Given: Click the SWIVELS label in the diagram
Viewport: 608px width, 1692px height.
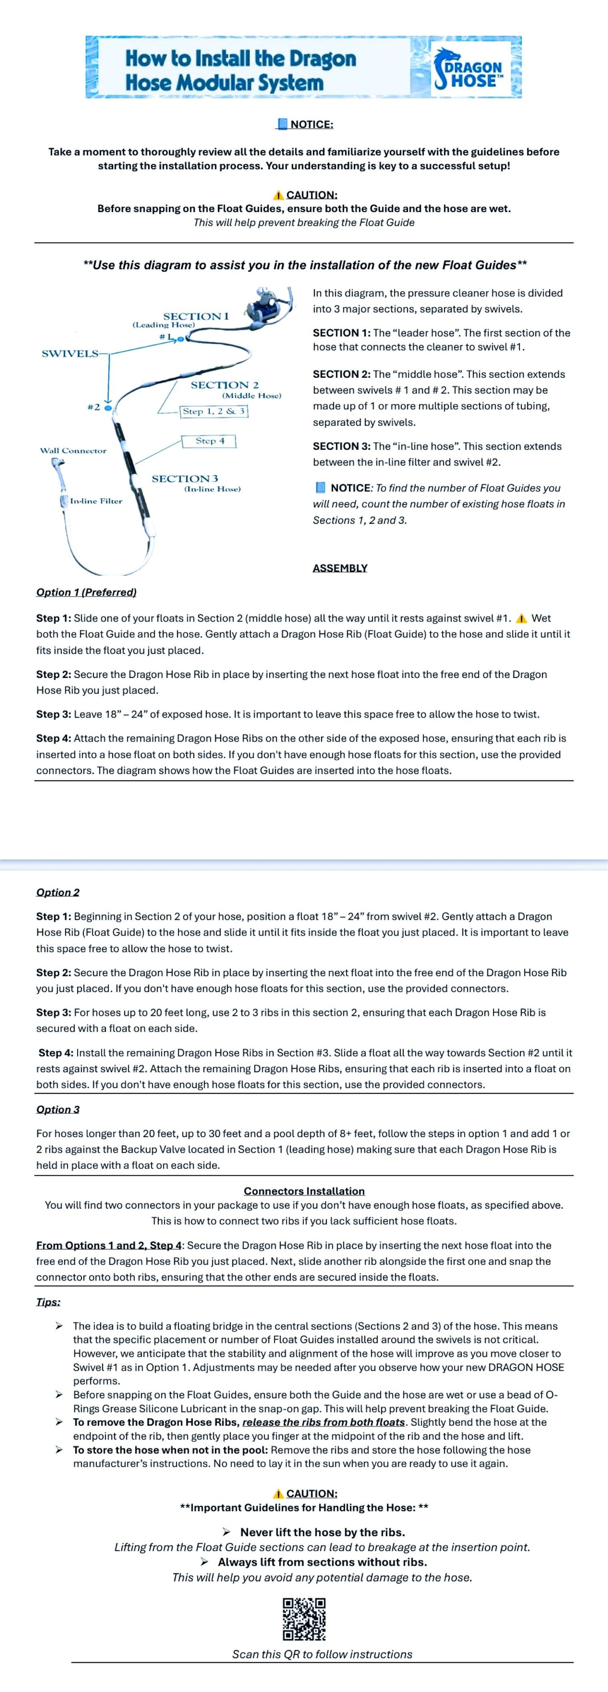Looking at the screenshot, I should (x=70, y=354).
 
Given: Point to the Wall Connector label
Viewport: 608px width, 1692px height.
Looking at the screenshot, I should (x=73, y=451).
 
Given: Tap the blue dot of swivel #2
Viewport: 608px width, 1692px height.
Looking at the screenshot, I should (x=108, y=408).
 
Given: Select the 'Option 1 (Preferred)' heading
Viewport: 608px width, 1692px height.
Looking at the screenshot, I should (x=86, y=592).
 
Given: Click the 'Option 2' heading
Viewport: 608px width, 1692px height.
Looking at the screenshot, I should (x=58, y=892).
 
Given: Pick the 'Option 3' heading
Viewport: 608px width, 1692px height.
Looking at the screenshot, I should (x=58, y=1109).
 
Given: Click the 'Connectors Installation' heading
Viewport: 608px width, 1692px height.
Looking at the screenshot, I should (x=304, y=1191).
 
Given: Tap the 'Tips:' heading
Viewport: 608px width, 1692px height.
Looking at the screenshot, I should (x=48, y=1302).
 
